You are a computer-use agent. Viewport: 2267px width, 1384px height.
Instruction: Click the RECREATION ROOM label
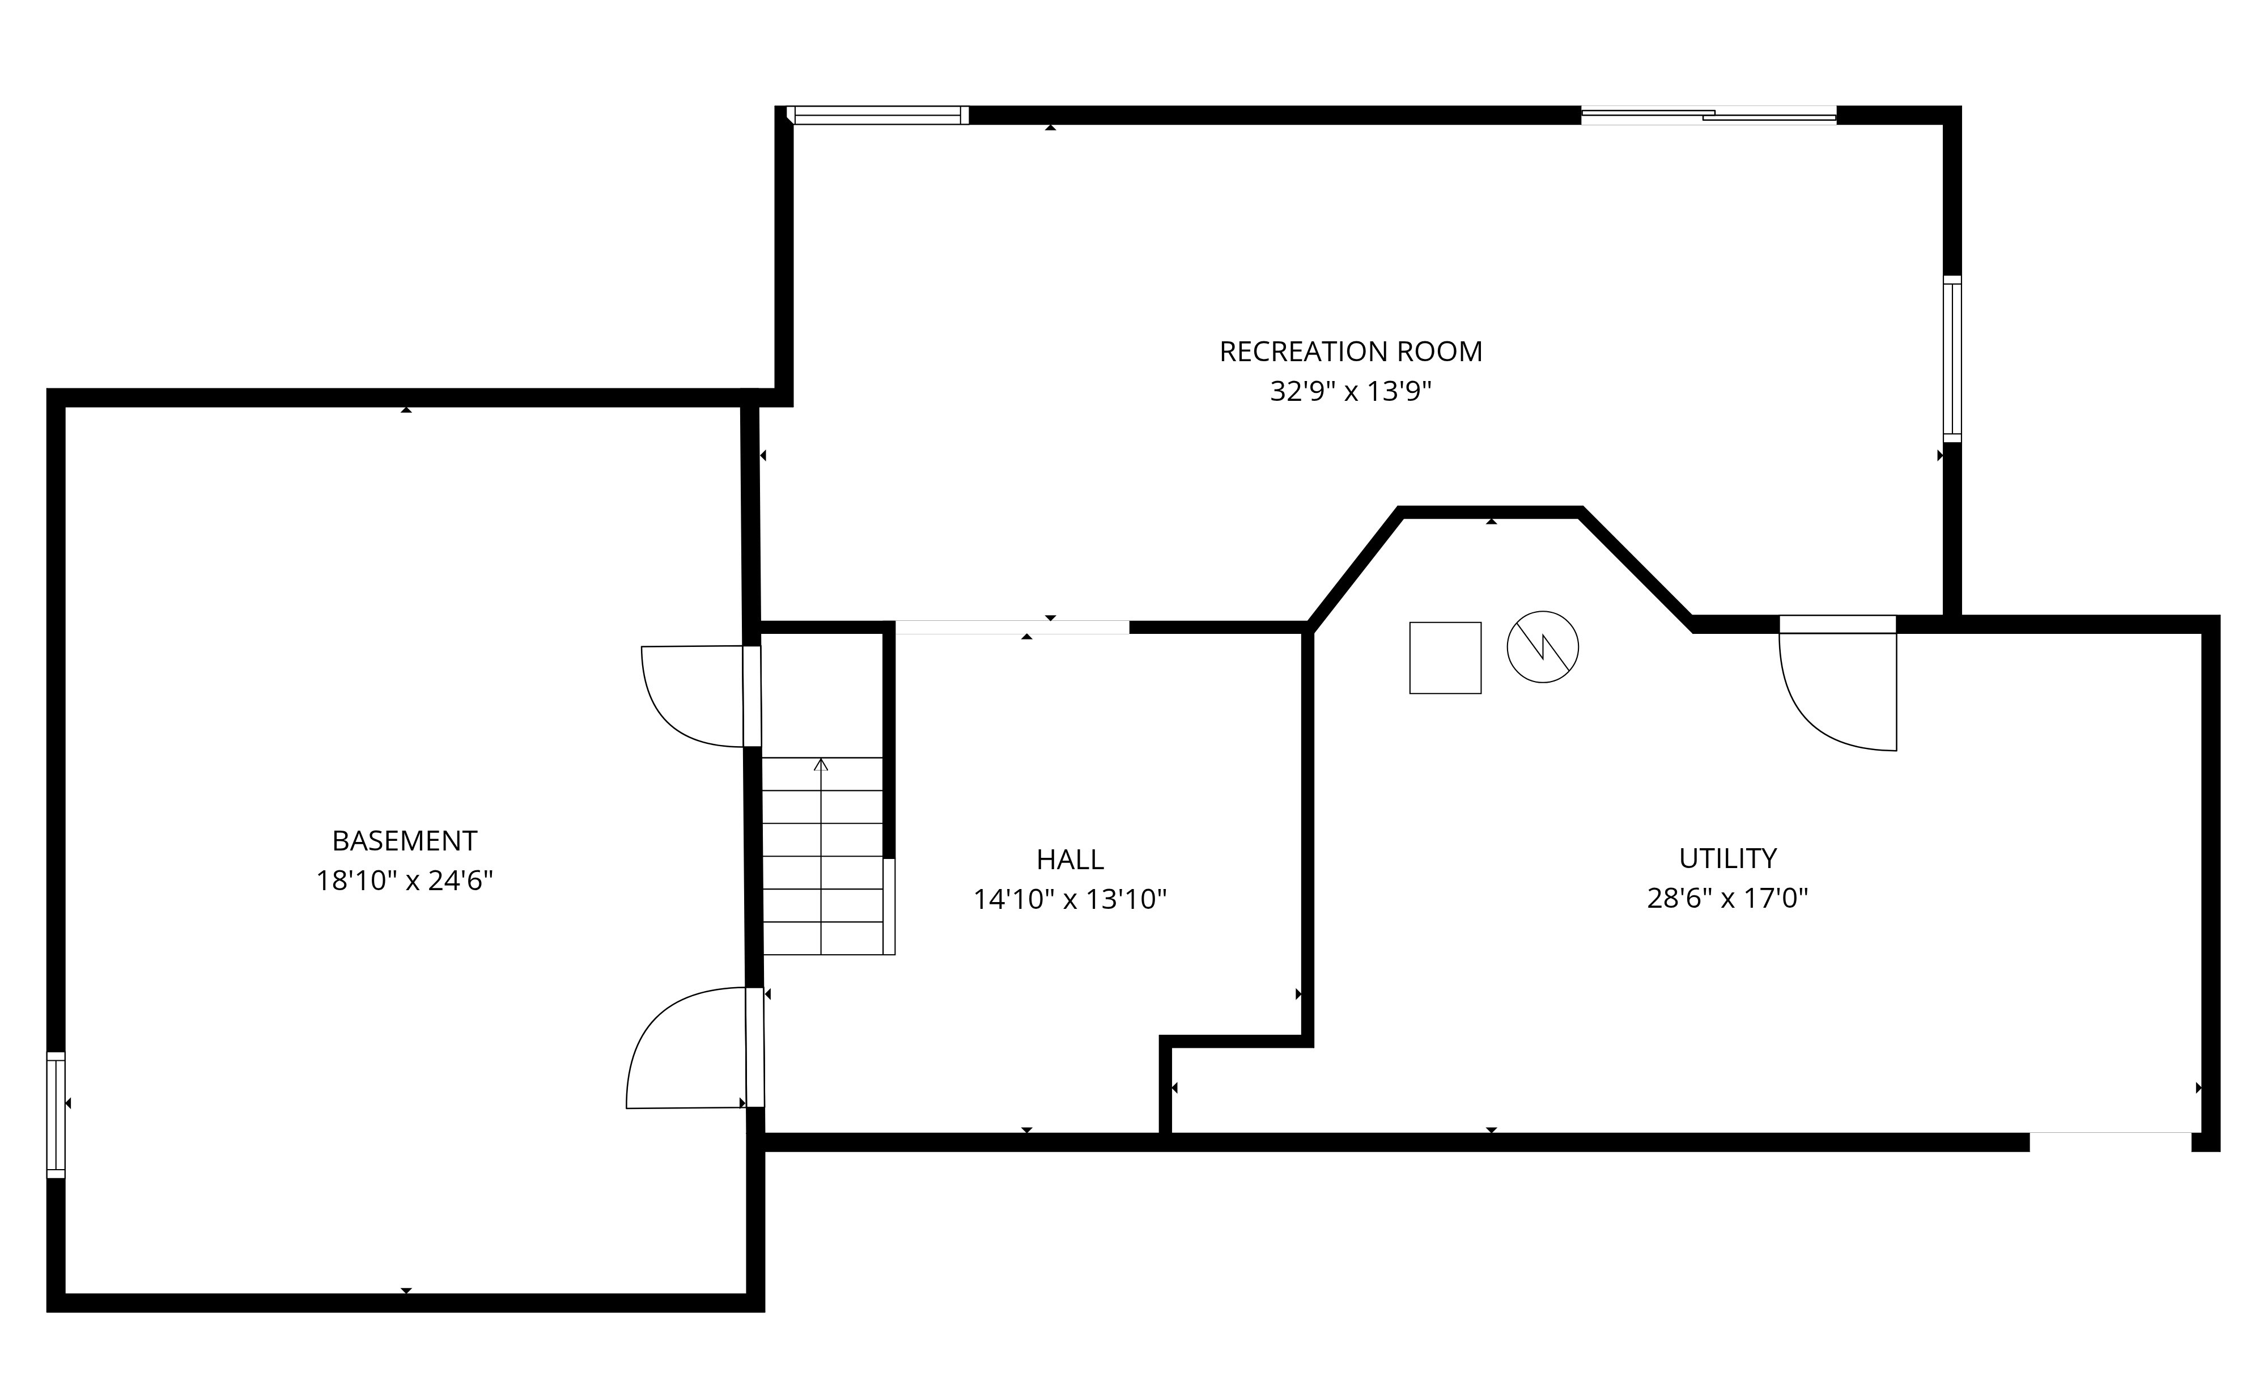(1351, 352)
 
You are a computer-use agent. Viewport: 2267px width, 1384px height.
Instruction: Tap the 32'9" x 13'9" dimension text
(1351, 392)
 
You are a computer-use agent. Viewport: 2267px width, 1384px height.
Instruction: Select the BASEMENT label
(405, 841)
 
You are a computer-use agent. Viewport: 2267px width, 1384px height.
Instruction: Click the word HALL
(1070, 860)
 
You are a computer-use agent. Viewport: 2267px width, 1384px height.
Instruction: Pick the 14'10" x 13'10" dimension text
(1070, 899)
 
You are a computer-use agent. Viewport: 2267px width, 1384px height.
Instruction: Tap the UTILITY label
(1728, 858)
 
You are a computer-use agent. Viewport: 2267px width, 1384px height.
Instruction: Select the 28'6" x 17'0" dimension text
(1728, 898)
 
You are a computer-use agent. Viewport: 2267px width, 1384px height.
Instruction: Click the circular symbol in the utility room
(1543, 647)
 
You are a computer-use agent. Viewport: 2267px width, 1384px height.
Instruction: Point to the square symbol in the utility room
(1445, 658)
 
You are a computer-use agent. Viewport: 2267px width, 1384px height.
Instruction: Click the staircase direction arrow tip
(821, 759)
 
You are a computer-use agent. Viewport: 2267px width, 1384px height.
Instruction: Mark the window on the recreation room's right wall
(1952, 359)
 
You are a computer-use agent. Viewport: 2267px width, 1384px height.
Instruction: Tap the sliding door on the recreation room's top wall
(1709, 116)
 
